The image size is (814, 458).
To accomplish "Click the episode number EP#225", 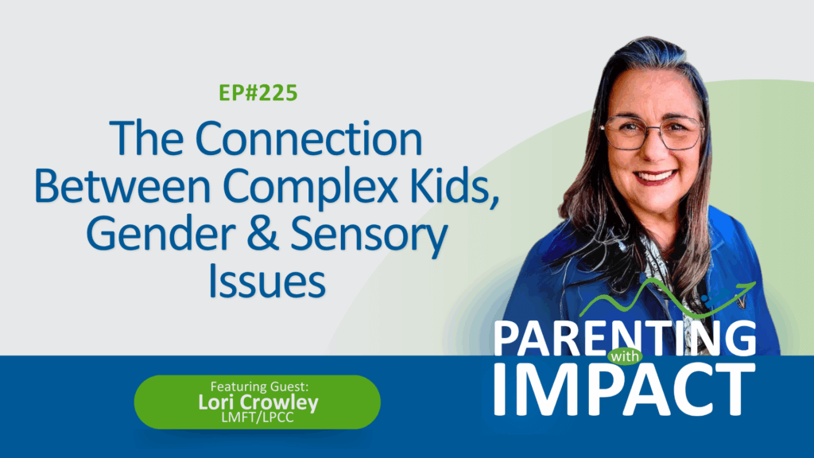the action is pyautogui.click(x=258, y=93).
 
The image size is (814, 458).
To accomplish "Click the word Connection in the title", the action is pyautogui.click(x=308, y=138).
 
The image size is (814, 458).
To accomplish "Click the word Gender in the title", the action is pyautogui.click(x=161, y=235).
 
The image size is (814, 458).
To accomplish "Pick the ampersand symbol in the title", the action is pyautogui.click(x=262, y=235).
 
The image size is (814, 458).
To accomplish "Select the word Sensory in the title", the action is pyautogui.click(x=369, y=237).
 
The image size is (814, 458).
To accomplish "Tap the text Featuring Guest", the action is pyautogui.click(x=259, y=386).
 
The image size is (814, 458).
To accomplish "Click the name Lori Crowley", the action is pyautogui.click(x=258, y=402).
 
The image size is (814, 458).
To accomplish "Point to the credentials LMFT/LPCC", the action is pyautogui.click(x=258, y=417).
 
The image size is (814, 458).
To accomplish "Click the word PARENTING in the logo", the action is pyautogui.click(x=625, y=338).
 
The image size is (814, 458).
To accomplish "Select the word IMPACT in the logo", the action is pyautogui.click(x=625, y=390).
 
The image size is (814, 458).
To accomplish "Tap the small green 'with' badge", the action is pyautogui.click(x=625, y=357).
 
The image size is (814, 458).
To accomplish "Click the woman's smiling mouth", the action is pyautogui.click(x=655, y=177).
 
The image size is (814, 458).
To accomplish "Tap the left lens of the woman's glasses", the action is pyautogui.click(x=624, y=134).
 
